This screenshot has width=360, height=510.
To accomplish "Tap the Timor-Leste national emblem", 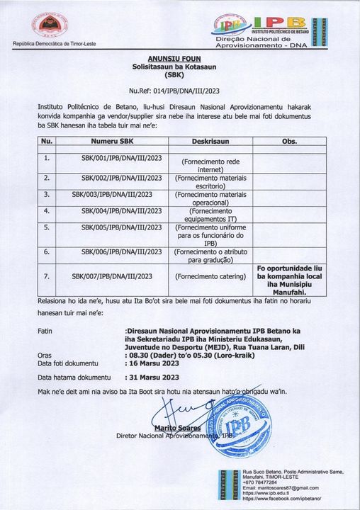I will pos(50,28).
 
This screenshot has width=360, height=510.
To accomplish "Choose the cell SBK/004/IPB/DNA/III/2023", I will pos(122,210).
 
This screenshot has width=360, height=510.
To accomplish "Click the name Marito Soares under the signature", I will pos(179,428).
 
